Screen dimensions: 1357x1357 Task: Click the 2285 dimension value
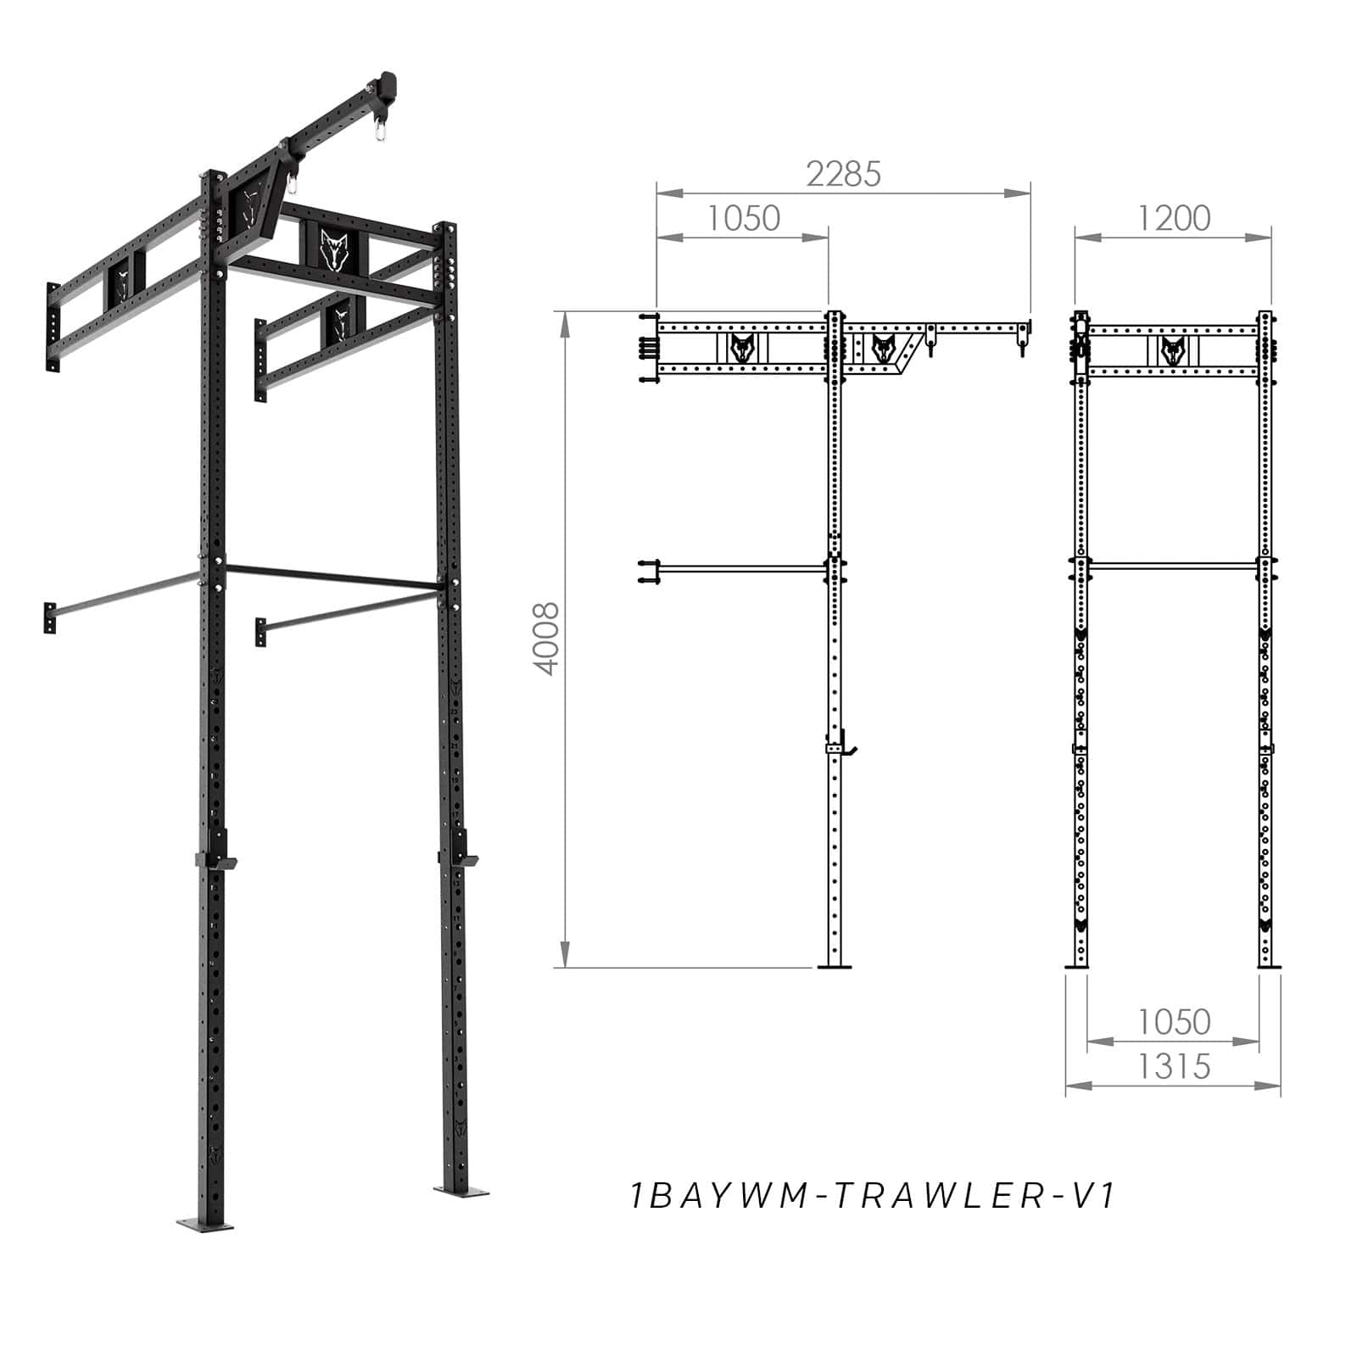coord(843,174)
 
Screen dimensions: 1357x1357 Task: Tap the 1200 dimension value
coord(1173,219)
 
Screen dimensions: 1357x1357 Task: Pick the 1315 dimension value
coord(1173,1067)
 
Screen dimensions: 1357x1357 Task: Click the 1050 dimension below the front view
coord(1173,1022)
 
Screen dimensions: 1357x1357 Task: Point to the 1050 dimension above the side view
coord(743,219)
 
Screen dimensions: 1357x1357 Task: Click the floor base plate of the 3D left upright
coord(205,1224)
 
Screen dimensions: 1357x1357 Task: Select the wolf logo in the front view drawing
coord(1173,349)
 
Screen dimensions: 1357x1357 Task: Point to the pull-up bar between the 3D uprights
coord(331,577)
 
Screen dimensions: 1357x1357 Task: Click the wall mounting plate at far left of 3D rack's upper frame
coord(53,327)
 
